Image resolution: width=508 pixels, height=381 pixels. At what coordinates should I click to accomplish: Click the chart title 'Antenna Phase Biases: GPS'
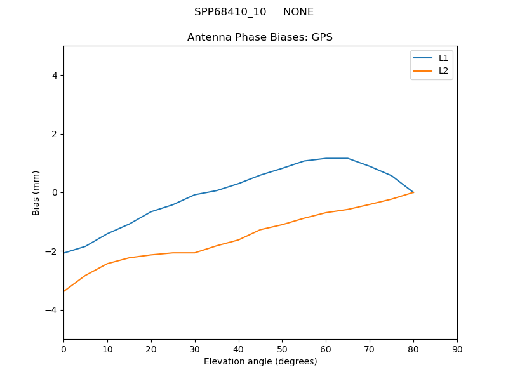(260, 37)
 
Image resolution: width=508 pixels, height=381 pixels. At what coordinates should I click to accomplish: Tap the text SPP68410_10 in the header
(230, 12)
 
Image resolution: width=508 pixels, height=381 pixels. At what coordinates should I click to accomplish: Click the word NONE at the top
(298, 12)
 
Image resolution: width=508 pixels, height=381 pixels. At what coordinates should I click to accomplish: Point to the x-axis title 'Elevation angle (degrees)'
(260, 362)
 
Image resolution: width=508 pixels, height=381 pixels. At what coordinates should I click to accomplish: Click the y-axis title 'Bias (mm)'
(36, 192)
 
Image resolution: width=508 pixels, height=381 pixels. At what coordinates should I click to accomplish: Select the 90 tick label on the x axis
(457, 349)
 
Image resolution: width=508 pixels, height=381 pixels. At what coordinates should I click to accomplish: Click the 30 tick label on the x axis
(194, 349)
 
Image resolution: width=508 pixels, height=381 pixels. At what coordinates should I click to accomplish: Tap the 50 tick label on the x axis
(282, 349)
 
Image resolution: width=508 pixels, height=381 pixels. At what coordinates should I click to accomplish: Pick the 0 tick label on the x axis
(63, 349)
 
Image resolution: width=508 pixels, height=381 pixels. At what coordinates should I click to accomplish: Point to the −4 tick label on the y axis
(52, 310)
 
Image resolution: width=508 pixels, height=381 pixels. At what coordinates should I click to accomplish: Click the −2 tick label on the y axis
(52, 251)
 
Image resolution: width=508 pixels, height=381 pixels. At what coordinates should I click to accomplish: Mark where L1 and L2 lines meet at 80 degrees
(413, 192)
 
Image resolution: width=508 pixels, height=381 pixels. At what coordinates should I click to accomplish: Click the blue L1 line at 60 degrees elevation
(326, 158)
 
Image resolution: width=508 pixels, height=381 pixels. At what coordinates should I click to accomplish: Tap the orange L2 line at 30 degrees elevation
(194, 253)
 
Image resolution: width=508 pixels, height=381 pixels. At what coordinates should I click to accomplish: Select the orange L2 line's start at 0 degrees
(64, 291)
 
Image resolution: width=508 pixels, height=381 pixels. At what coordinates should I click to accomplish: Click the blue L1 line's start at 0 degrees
(64, 253)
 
